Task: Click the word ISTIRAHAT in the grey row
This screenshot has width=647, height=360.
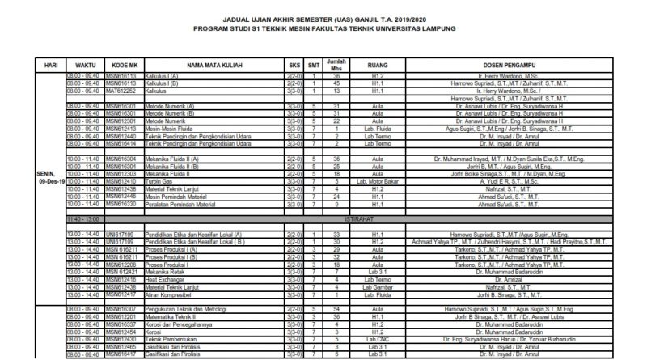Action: point(376,219)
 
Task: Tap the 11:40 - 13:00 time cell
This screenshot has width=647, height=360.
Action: point(83,219)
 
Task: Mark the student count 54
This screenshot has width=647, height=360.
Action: point(340,309)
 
